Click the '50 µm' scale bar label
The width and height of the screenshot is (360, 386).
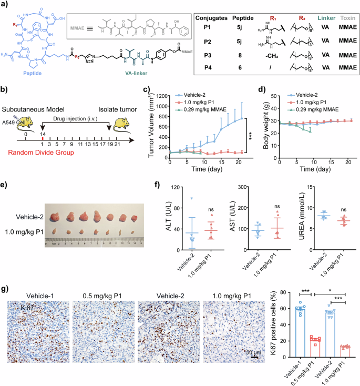(x=252, y=351)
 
